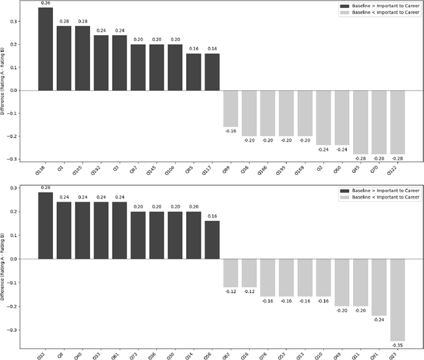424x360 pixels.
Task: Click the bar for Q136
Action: click(x=45, y=49)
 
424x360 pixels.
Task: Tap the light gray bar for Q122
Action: click(x=397, y=122)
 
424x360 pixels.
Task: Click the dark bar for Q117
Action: click(x=211, y=72)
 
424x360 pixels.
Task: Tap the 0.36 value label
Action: click(x=45, y=3)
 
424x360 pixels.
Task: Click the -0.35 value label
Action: click(x=397, y=345)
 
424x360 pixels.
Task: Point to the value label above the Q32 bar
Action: click(x=45, y=188)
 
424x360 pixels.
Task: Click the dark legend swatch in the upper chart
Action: click(x=333, y=5)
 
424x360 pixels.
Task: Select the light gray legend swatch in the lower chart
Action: click(x=333, y=196)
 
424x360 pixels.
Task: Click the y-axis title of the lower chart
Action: click(x=5, y=261)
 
